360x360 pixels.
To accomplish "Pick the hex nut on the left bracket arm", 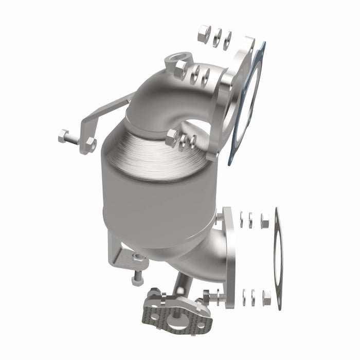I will pos(91,145).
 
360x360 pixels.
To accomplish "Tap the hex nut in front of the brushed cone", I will pos(172,137).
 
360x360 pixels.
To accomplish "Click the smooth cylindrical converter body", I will pos(154,206).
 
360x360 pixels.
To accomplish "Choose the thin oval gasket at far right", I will pos(278,257).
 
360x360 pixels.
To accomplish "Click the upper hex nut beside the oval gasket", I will pos(265,221).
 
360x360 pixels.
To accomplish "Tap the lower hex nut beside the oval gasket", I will pos(266,297).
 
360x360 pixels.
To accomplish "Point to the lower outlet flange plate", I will pos(228,257).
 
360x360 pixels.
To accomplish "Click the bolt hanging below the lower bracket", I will pos(137,278).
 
